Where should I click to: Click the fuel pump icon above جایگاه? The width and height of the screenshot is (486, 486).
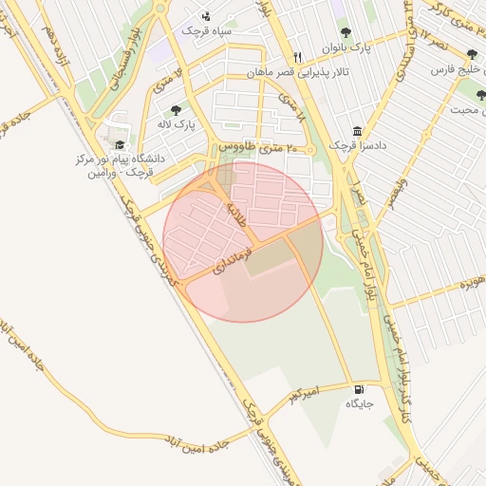pos(358,389)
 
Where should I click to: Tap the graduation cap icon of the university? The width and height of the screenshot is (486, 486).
pos(120,144)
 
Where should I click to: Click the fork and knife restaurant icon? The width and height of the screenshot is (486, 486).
pos(298,56)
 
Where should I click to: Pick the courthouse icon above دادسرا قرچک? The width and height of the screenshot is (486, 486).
pos(356,131)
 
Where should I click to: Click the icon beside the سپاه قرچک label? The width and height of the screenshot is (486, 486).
pos(207,16)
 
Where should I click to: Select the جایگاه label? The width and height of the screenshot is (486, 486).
pos(360,404)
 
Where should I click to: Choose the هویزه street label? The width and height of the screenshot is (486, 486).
pos(472,283)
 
